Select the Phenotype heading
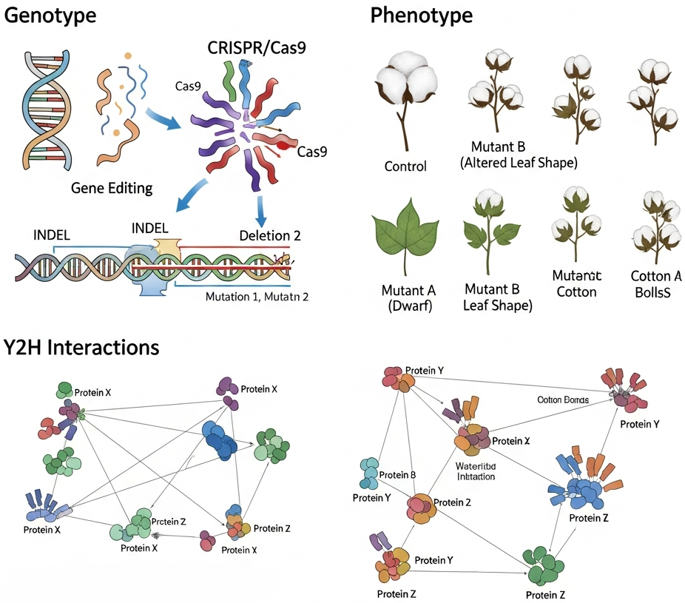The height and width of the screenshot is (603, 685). tap(421, 16)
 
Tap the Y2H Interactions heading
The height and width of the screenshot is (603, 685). tap(81, 346)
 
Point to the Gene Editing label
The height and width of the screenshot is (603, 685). tap(112, 187)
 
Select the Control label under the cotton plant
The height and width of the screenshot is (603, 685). tap(405, 166)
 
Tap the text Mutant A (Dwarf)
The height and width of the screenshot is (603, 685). tap(405, 296)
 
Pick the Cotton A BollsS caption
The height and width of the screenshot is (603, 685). tap(656, 283)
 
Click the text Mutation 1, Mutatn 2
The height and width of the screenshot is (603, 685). tap(257, 297)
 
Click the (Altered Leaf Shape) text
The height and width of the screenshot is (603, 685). tap(519, 163)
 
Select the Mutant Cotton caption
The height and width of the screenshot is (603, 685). tap(576, 283)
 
